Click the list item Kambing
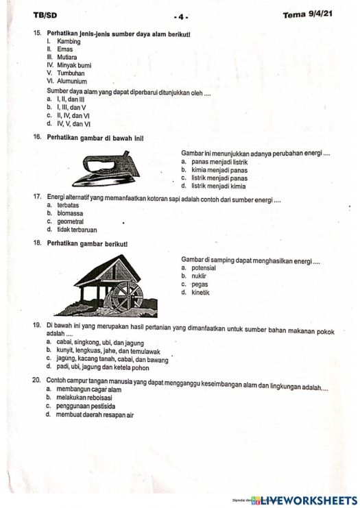pos(69,42)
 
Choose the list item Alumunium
pos(73,80)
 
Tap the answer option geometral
pos(71,221)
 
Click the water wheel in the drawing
pos(125,295)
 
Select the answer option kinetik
pos(200,293)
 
